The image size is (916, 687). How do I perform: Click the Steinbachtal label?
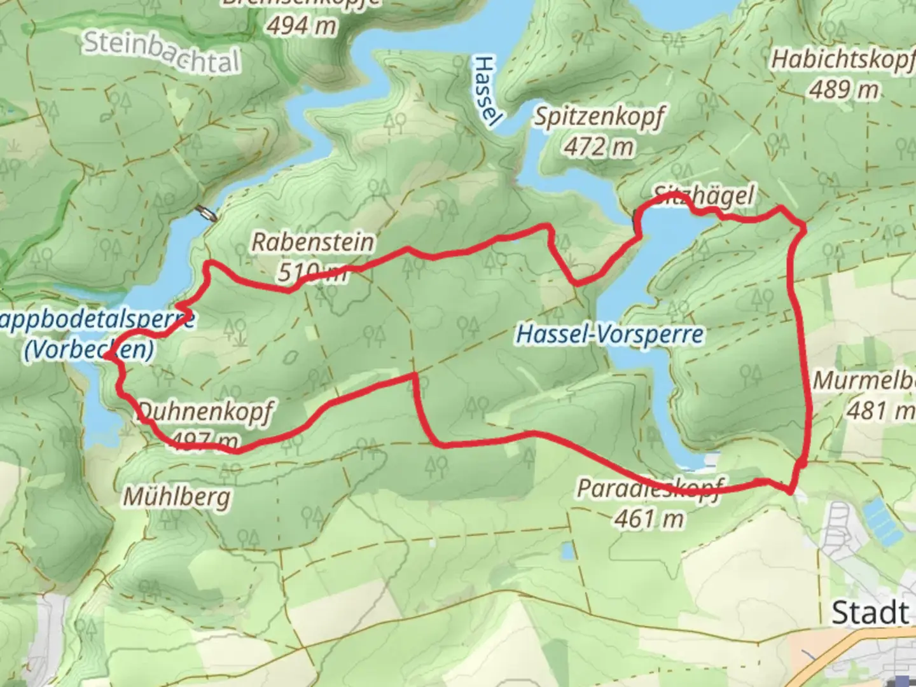click(x=162, y=52)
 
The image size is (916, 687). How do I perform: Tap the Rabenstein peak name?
click(x=312, y=242)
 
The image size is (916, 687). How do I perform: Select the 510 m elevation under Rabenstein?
click(x=312, y=272)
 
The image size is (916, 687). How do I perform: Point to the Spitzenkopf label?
click(x=599, y=116)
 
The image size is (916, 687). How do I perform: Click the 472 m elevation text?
click(x=599, y=147)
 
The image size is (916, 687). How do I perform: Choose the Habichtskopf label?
click(x=843, y=59)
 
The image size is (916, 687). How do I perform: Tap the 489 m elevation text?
click(x=843, y=90)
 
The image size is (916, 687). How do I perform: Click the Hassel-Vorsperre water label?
click(x=610, y=334)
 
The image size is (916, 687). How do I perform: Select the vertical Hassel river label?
click(x=485, y=91)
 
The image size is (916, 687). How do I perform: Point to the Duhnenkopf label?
click(x=205, y=411)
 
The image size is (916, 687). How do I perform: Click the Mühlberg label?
click(x=176, y=496)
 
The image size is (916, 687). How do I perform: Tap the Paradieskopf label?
click(x=649, y=489)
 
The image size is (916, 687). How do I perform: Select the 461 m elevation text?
click(x=648, y=518)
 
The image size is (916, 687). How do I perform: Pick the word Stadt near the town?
click(x=870, y=613)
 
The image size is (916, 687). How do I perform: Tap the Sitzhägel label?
click(x=704, y=195)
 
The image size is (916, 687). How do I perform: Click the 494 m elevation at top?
click(x=301, y=25)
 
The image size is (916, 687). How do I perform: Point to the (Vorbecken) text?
click(x=88, y=350)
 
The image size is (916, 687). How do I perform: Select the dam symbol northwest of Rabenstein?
click(x=207, y=213)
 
